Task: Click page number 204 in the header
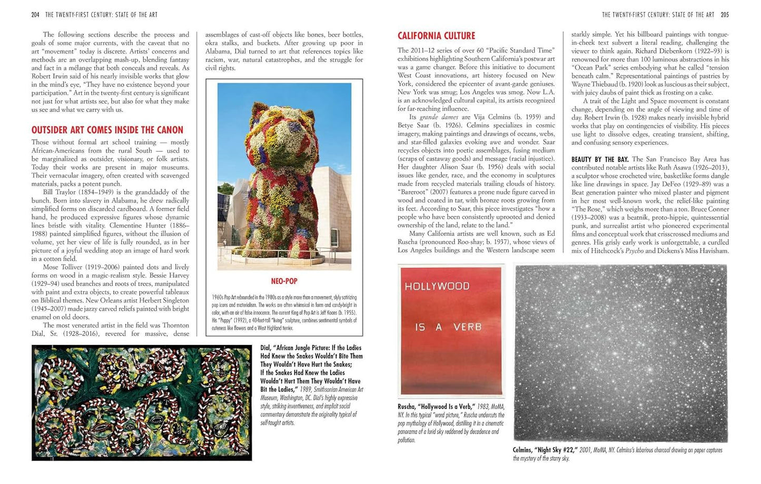pos(35,15)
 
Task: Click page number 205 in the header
pos(725,15)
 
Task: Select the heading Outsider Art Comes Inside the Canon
pos(107,130)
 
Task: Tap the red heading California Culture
pos(436,36)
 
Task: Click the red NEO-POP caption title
pos(284,282)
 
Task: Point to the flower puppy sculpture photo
pos(284,176)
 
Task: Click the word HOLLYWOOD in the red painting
pos(437,287)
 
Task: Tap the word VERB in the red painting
pos(467,327)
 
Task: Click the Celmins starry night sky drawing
pos(620,353)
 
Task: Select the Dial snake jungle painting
pos(141,402)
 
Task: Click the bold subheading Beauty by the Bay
pos(600,159)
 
